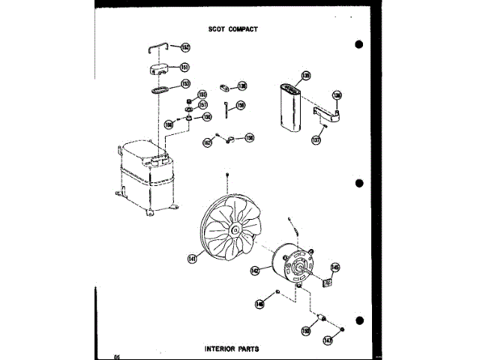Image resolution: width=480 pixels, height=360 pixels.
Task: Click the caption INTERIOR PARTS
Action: pyautogui.click(x=229, y=349)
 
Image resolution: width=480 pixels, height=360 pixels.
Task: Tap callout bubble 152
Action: pyautogui.click(x=185, y=47)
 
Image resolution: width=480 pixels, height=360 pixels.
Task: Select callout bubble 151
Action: pyautogui.click(x=184, y=67)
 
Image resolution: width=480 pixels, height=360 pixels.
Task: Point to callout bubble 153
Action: pyautogui.click(x=185, y=84)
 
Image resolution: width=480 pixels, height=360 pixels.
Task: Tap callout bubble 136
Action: pyautogui.click(x=337, y=96)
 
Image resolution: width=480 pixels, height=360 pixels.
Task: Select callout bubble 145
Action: pyautogui.click(x=335, y=266)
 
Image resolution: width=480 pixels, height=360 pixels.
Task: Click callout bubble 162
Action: pyautogui.click(x=207, y=142)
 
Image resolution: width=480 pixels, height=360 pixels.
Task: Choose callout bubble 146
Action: pyautogui.click(x=259, y=304)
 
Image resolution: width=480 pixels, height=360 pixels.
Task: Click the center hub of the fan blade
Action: pyautogui.click(x=236, y=229)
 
